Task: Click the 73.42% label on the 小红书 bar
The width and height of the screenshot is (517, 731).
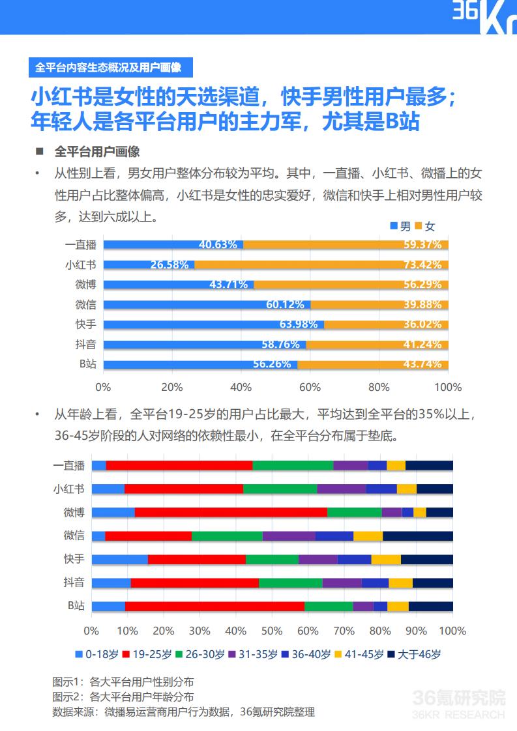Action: tap(422, 265)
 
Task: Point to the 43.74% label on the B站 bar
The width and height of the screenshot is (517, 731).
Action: tap(422, 364)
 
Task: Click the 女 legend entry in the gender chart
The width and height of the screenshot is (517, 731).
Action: tap(424, 226)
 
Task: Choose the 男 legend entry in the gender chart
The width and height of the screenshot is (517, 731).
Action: tap(400, 226)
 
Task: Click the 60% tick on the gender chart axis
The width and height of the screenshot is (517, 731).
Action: tap(310, 387)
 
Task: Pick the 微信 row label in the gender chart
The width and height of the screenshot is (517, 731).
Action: tap(85, 304)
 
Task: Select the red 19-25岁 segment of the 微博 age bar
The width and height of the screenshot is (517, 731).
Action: tap(231, 512)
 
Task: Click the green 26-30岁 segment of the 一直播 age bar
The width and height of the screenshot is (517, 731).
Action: tap(293, 465)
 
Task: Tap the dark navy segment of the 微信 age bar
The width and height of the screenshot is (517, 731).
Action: tap(417, 536)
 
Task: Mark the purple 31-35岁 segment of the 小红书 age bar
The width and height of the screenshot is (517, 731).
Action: tap(342, 489)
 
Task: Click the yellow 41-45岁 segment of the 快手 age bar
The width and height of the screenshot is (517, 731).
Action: tap(386, 559)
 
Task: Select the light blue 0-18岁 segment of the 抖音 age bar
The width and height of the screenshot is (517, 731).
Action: tap(111, 582)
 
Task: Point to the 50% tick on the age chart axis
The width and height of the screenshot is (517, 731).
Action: tap(272, 631)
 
